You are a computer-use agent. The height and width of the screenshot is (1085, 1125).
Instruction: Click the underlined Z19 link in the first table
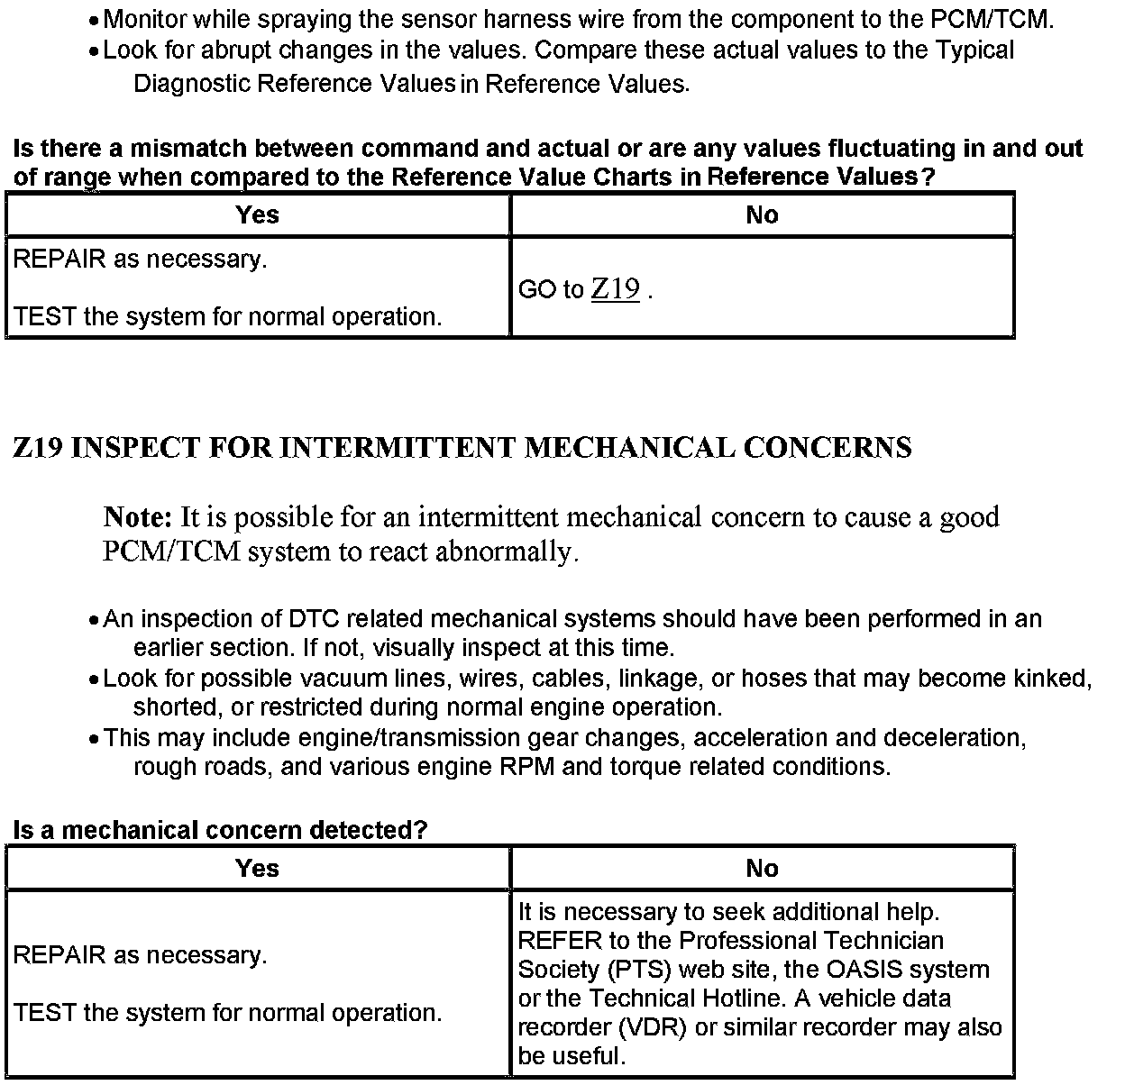(x=616, y=289)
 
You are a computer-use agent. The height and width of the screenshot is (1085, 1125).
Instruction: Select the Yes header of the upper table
(x=257, y=214)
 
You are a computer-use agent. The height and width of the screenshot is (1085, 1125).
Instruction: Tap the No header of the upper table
(x=762, y=214)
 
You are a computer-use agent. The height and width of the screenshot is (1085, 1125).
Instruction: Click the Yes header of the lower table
(x=257, y=868)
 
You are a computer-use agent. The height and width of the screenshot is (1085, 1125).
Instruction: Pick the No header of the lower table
(x=762, y=868)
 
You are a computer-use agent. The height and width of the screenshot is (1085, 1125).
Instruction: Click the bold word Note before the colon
(x=134, y=517)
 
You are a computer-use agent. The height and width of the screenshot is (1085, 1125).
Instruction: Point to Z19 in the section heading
(x=37, y=448)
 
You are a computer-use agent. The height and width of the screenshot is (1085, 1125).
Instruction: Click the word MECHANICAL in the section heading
(x=629, y=448)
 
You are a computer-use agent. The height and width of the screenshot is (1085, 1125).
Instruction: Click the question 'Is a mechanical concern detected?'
(x=220, y=830)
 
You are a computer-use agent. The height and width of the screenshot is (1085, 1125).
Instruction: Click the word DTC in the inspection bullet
(x=310, y=619)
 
